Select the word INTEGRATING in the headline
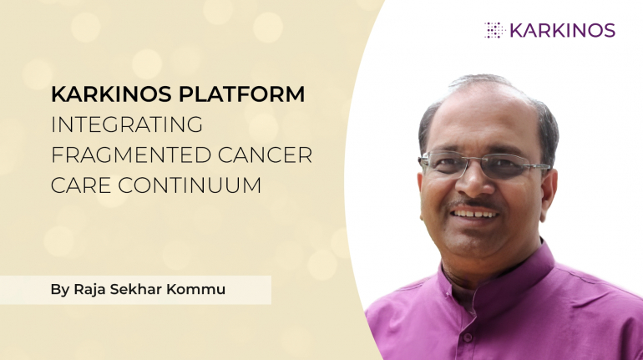(127, 124)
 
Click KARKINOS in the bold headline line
(109, 94)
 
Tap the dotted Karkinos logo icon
(494, 30)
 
